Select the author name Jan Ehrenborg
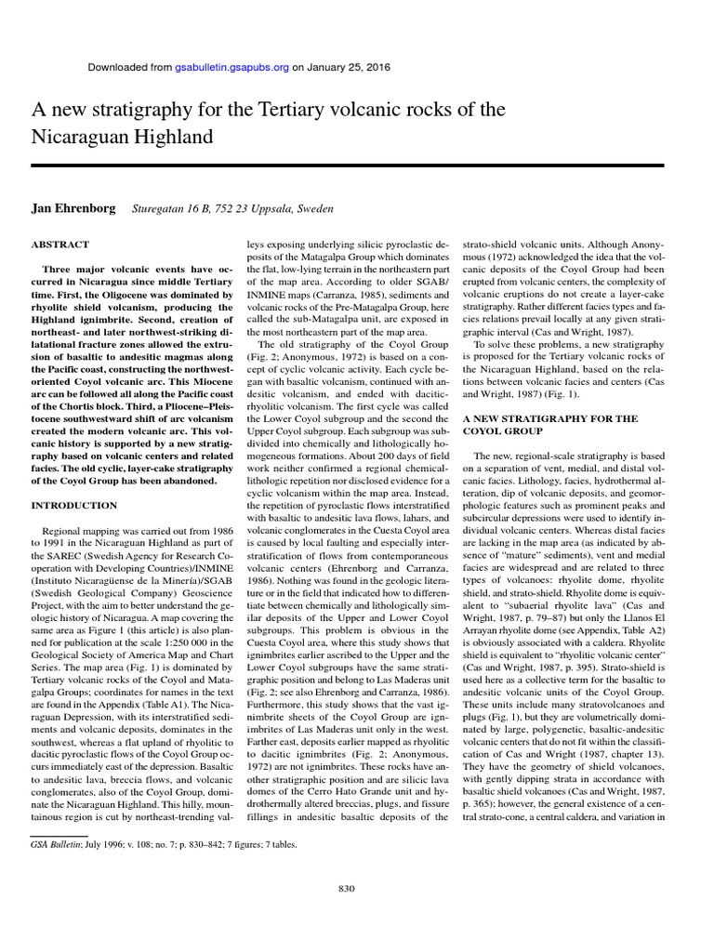coord(73,209)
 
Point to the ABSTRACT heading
coord(60,245)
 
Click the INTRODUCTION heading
coord(74,505)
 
